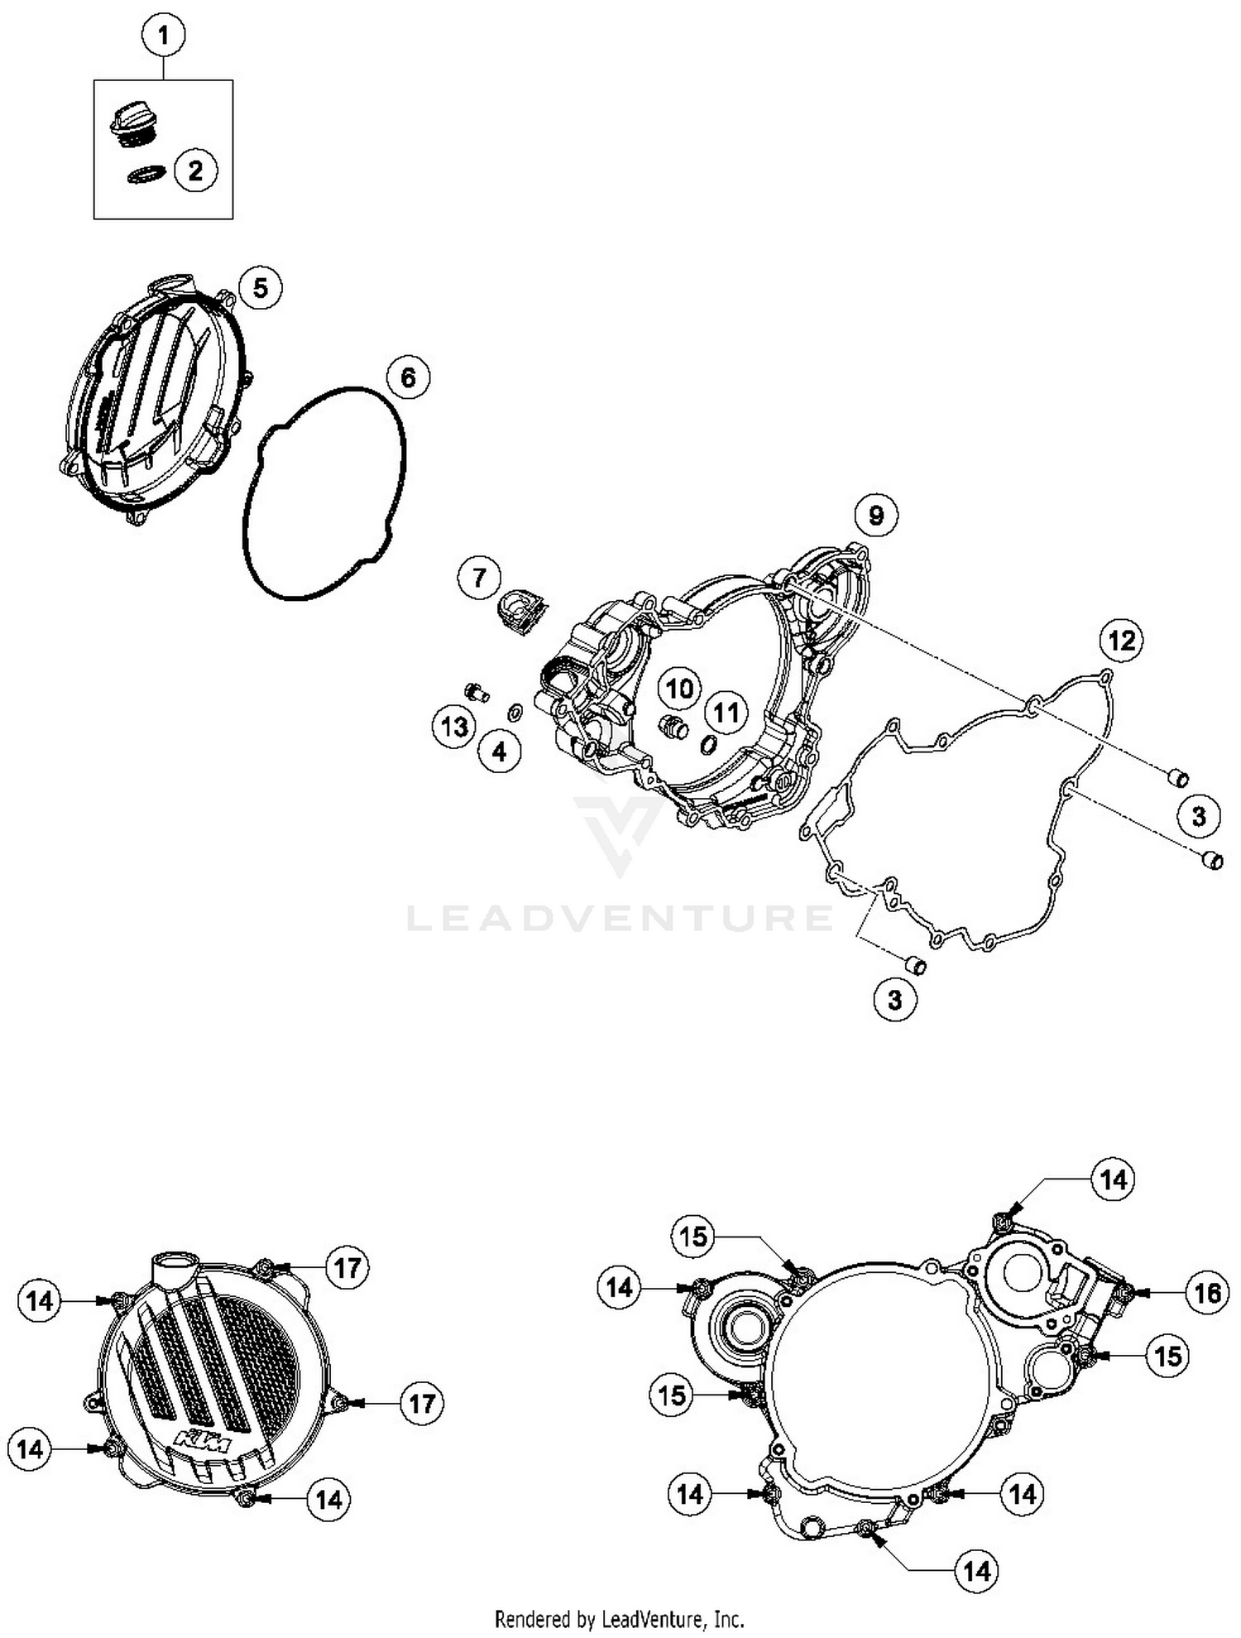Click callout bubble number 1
point(163,36)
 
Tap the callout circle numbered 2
point(195,171)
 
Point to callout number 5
point(261,288)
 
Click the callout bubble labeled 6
point(409,377)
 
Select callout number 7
point(480,576)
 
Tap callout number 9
point(876,515)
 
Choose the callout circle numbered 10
point(679,689)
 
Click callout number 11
point(726,712)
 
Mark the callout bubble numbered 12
point(1122,640)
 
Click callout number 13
point(454,727)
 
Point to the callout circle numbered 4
point(500,751)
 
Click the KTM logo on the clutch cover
point(204,1439)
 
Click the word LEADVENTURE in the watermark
point(620,918)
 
